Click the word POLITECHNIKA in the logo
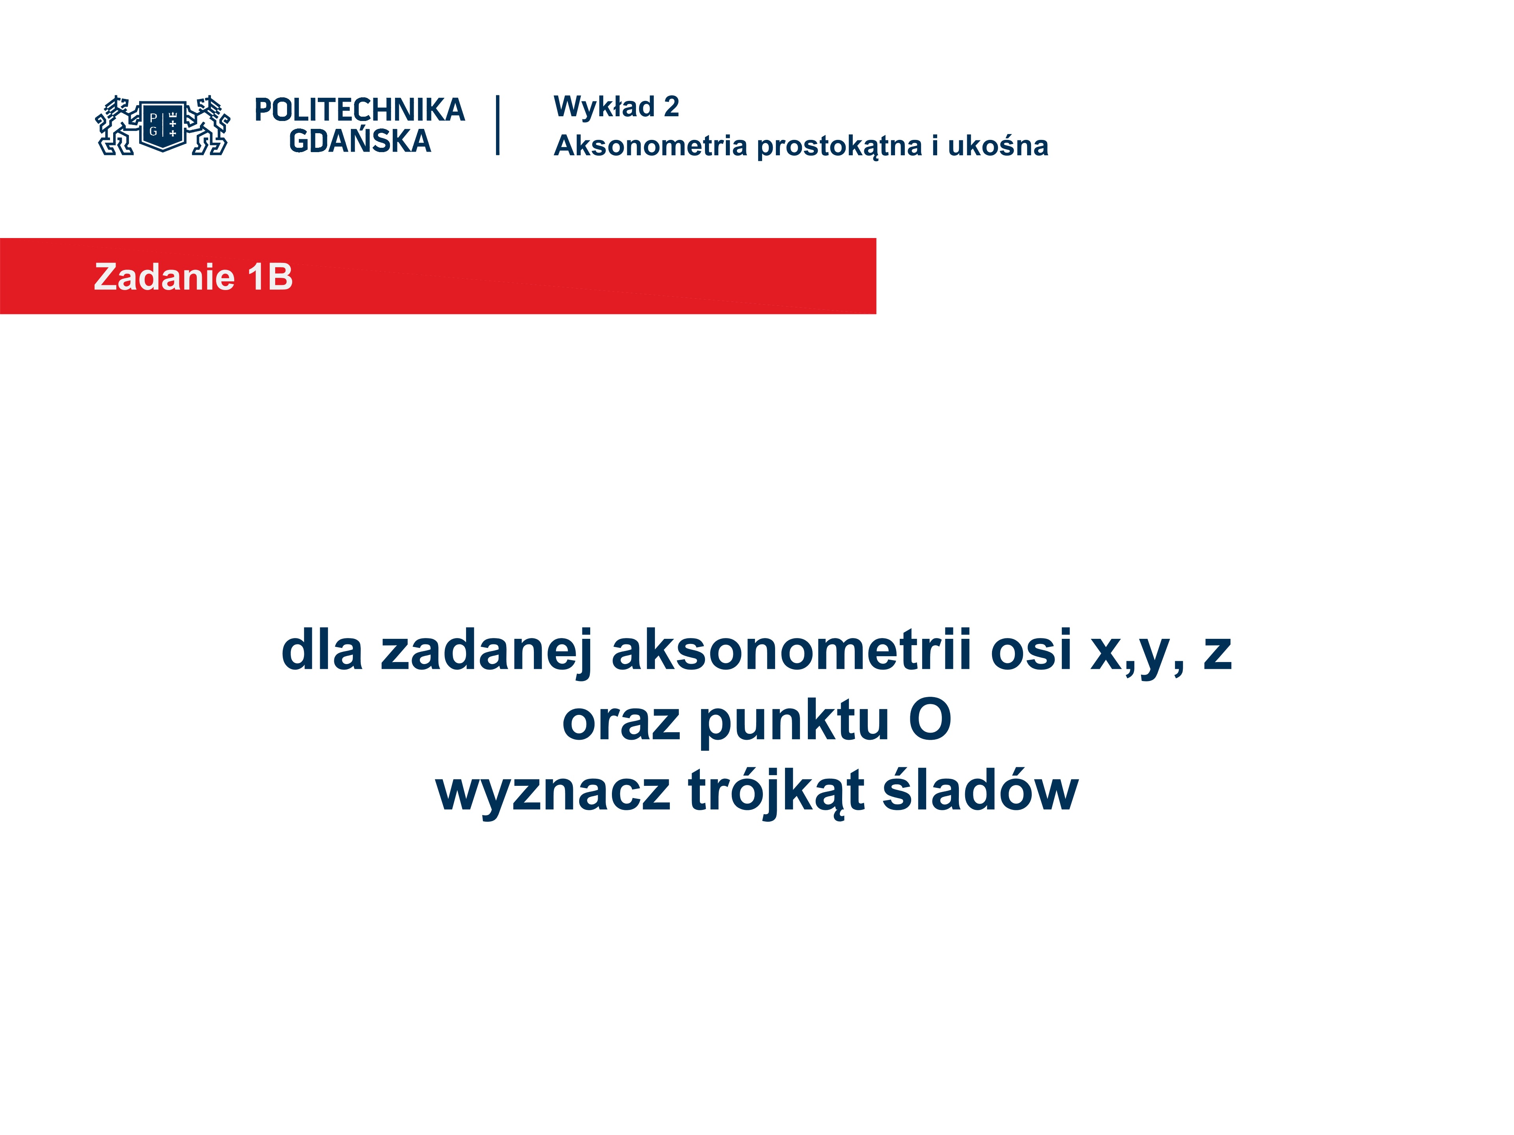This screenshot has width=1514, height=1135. (359, 110)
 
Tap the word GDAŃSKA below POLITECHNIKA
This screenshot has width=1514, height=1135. (360, 141)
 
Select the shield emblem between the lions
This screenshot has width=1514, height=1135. (163, 125)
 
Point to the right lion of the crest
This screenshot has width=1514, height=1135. (208, 125)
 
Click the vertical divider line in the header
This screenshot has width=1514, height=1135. (498, 125)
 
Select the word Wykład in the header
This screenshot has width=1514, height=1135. (604, 107)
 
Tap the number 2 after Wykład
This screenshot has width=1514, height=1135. (671, 107)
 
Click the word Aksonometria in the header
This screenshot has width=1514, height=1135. (650, 146)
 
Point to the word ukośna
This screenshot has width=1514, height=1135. (998, 146)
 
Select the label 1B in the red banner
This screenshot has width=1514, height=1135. (270, 277)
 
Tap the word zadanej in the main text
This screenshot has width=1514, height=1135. (487, 650)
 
